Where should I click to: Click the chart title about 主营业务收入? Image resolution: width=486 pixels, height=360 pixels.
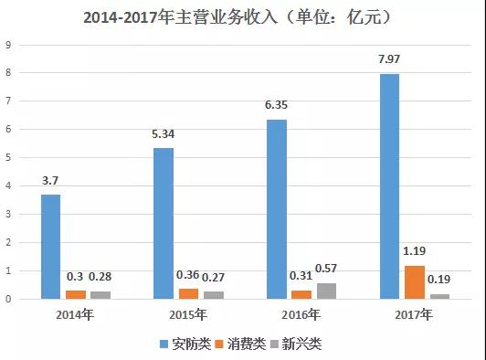click(242, 16)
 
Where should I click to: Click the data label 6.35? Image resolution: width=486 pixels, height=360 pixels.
click(276, 105)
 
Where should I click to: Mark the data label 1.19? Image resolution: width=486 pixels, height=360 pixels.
click(415, 249)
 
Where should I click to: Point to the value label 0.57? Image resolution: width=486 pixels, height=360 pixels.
click(328, 268)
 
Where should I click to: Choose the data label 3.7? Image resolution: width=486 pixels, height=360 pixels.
click(51, 180)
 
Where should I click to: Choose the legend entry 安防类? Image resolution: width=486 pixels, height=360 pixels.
click(189, 344)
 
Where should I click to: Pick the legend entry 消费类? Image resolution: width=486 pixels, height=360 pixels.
click(246, 344)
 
